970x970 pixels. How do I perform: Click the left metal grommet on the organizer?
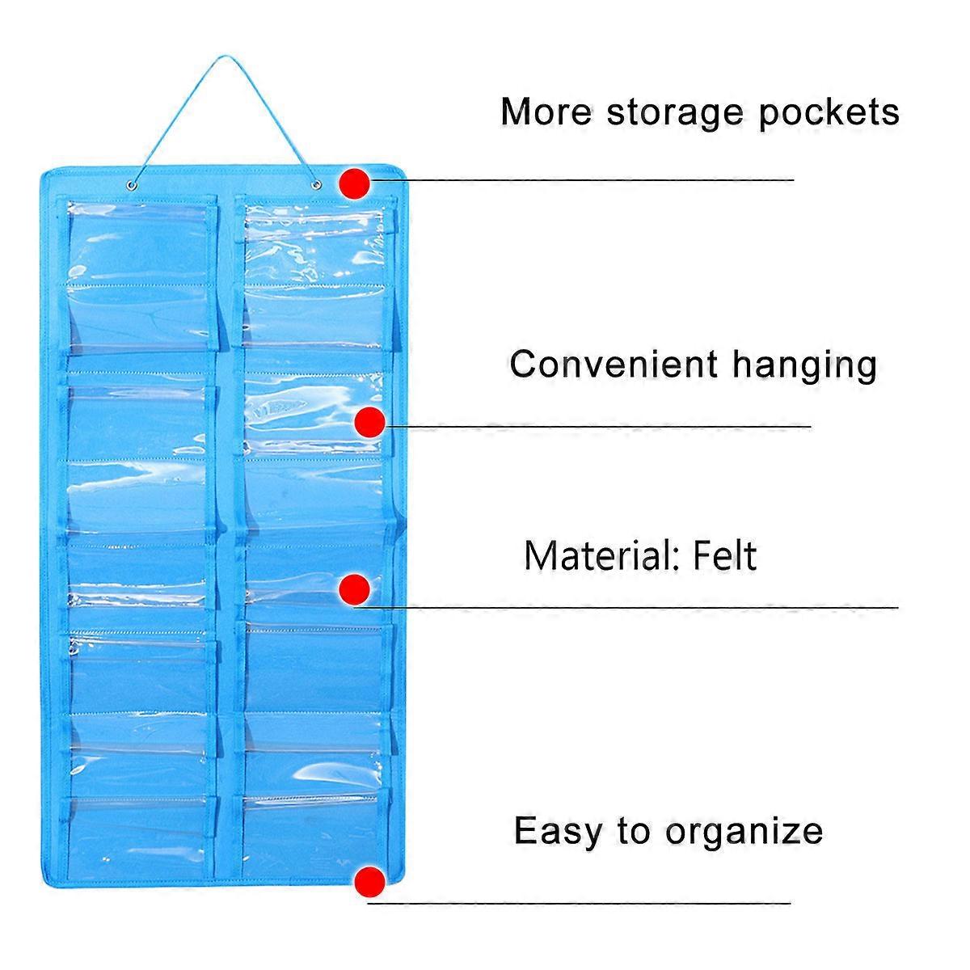click(133, 186)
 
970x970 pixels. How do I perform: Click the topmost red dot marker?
click(355, 183)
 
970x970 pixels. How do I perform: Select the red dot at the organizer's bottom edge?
click(369, 881)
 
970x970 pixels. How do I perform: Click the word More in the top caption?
click(546, 112)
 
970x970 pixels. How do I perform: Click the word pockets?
click(829, 112)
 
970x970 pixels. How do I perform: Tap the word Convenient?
click(613, 364)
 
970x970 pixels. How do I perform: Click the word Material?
click(601, 555)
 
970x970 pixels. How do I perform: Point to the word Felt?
click(725, 555)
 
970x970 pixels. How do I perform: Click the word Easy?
click(558, 831)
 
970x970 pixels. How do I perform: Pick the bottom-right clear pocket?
click(311, 816)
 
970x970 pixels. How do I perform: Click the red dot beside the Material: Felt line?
click(355, 588)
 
